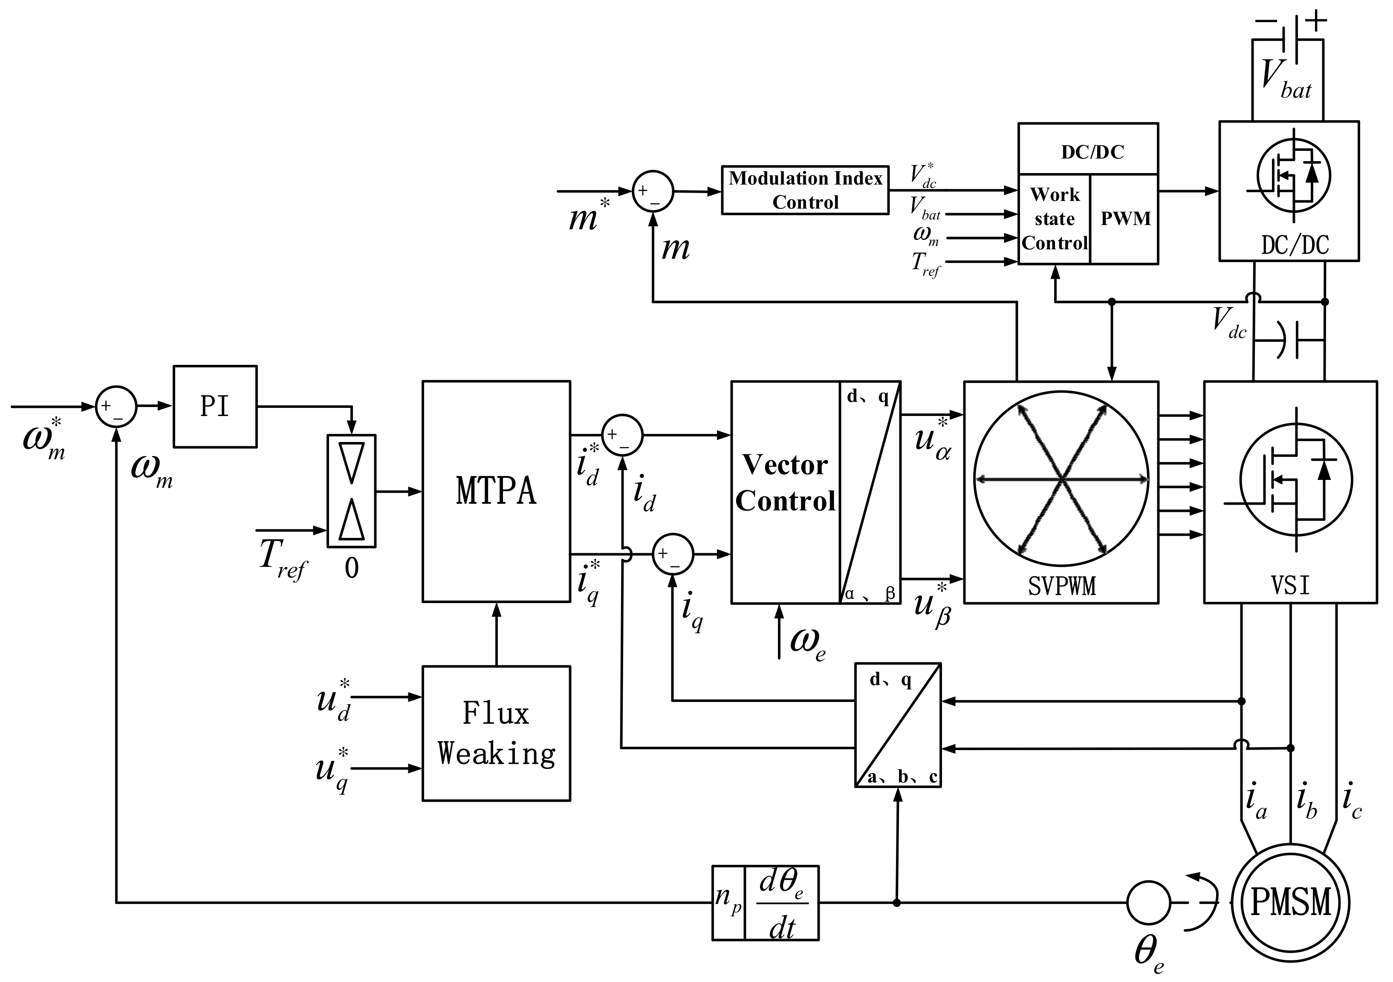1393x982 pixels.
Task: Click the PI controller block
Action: click(215, 406)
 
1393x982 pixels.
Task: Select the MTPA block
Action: click(496, 491)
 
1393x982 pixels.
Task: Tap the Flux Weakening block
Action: click(496, 734)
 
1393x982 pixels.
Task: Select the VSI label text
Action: click(1290, 586)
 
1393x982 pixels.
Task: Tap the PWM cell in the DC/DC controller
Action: click(1125, 219)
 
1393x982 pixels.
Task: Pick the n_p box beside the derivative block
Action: click(728, 903)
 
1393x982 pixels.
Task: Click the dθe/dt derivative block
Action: click(781, 903)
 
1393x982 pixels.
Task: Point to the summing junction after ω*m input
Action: click(116, 406)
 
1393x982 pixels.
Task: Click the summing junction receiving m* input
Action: click(653, 191)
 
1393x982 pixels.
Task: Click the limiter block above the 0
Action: click(351, 491)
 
